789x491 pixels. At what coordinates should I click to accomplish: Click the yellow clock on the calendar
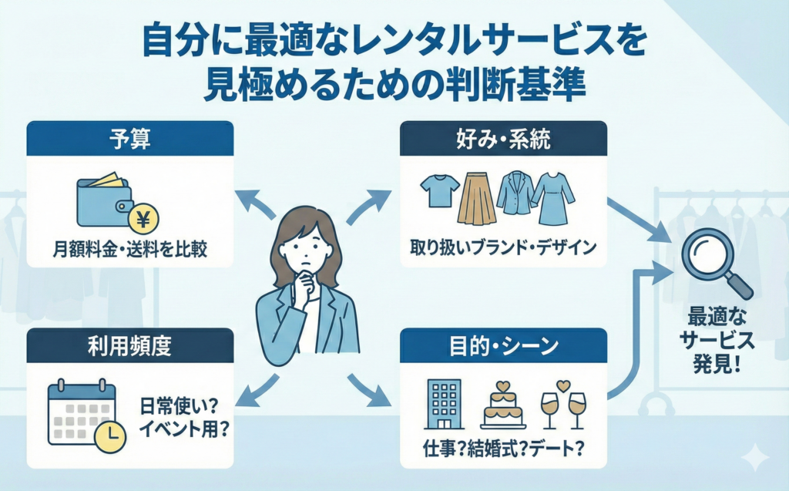click(110, 436)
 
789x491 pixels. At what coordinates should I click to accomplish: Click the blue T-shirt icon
click(440, 190)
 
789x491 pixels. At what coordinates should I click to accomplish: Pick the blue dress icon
click(552, 197)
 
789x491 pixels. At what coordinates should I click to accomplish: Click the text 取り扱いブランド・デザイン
click(504, 248)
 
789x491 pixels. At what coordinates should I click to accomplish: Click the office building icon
click(443, 404)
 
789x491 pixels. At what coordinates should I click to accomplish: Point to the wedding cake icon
click(502, 405)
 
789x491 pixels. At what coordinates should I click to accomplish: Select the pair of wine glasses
click(562, 405)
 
